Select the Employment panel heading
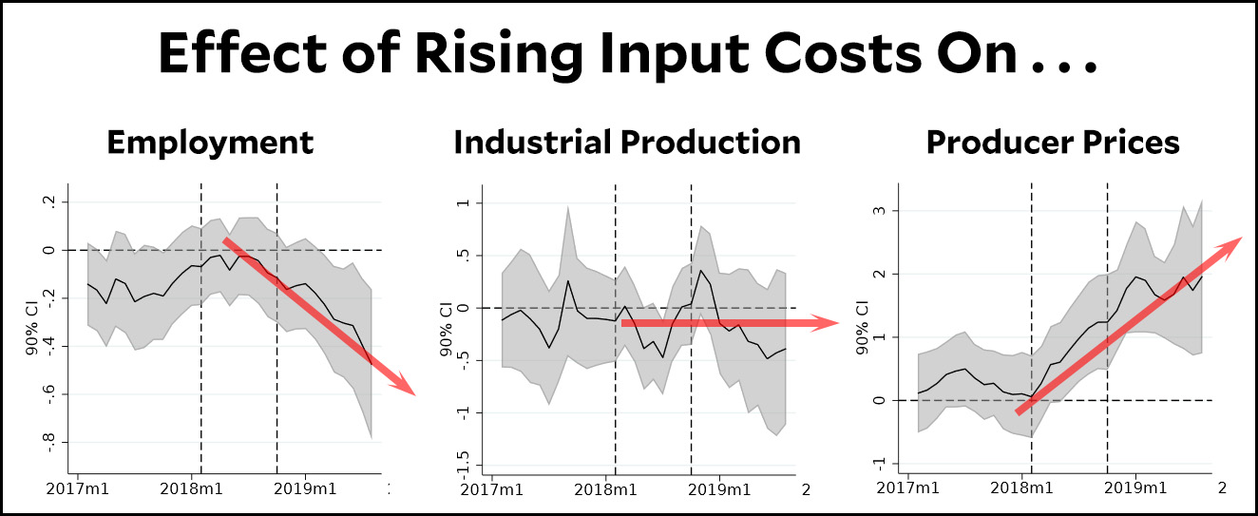(210, 143)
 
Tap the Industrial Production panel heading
(627, 143)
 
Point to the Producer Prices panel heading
(1053, 143)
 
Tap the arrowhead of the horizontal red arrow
(833, 323)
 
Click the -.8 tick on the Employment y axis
(48, 443)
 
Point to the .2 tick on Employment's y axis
(49, 202)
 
